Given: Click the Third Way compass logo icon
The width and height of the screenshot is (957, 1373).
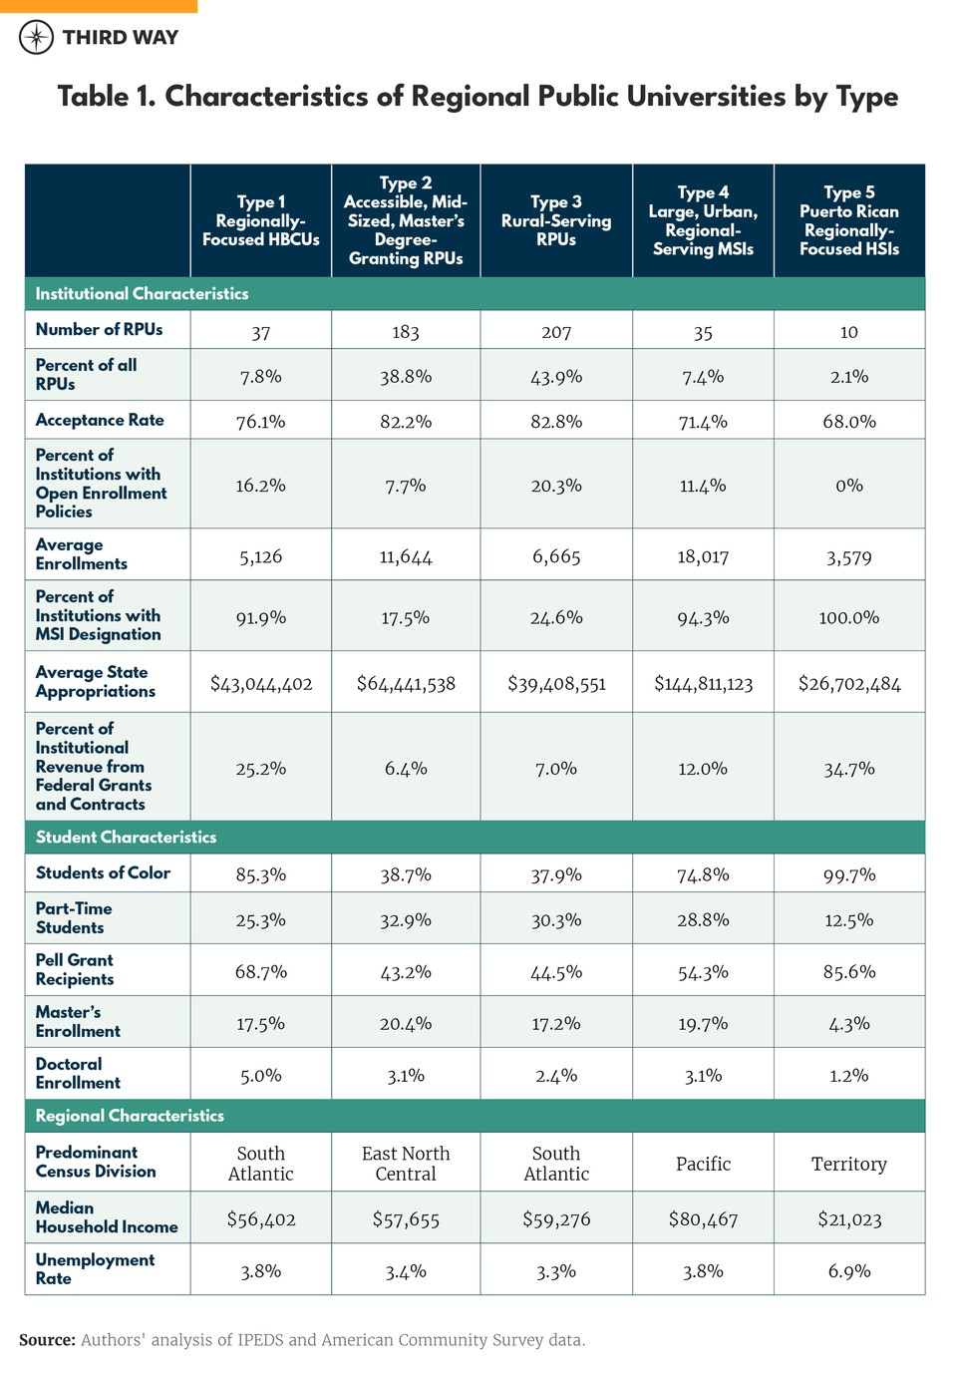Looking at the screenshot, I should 37,38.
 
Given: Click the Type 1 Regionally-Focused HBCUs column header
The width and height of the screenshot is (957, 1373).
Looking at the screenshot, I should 260,220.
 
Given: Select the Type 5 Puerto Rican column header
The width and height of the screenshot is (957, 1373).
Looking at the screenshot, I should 848,220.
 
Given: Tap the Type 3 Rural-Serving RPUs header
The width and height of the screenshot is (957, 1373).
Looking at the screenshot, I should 555,220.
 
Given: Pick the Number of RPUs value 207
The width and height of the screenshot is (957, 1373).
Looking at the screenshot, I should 555,332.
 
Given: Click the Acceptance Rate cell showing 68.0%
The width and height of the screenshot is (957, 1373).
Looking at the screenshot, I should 848,422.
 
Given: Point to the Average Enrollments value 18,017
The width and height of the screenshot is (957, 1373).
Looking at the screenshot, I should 703,556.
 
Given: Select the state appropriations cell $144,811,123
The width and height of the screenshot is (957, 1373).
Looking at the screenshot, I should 703,684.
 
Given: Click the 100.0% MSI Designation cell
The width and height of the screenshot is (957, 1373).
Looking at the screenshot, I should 848,618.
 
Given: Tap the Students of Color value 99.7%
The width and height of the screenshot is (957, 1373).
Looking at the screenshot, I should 848,875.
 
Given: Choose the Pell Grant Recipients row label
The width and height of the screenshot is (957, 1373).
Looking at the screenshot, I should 75,969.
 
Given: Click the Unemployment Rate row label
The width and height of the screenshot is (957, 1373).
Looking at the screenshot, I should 95,1268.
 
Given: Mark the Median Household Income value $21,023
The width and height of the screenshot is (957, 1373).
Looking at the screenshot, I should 848,1219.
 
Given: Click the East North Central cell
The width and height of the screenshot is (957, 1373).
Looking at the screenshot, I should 406,1164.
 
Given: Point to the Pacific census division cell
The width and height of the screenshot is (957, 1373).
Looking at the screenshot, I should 703,1164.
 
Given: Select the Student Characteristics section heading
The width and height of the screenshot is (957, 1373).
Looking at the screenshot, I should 126,837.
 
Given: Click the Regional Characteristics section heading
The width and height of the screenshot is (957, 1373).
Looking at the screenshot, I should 130,1116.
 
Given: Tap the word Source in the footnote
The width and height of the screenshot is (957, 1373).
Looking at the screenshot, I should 47,1340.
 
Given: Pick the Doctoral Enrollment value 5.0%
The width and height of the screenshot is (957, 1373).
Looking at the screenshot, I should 260,1076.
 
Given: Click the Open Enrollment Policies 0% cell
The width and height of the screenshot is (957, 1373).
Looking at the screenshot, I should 848,486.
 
